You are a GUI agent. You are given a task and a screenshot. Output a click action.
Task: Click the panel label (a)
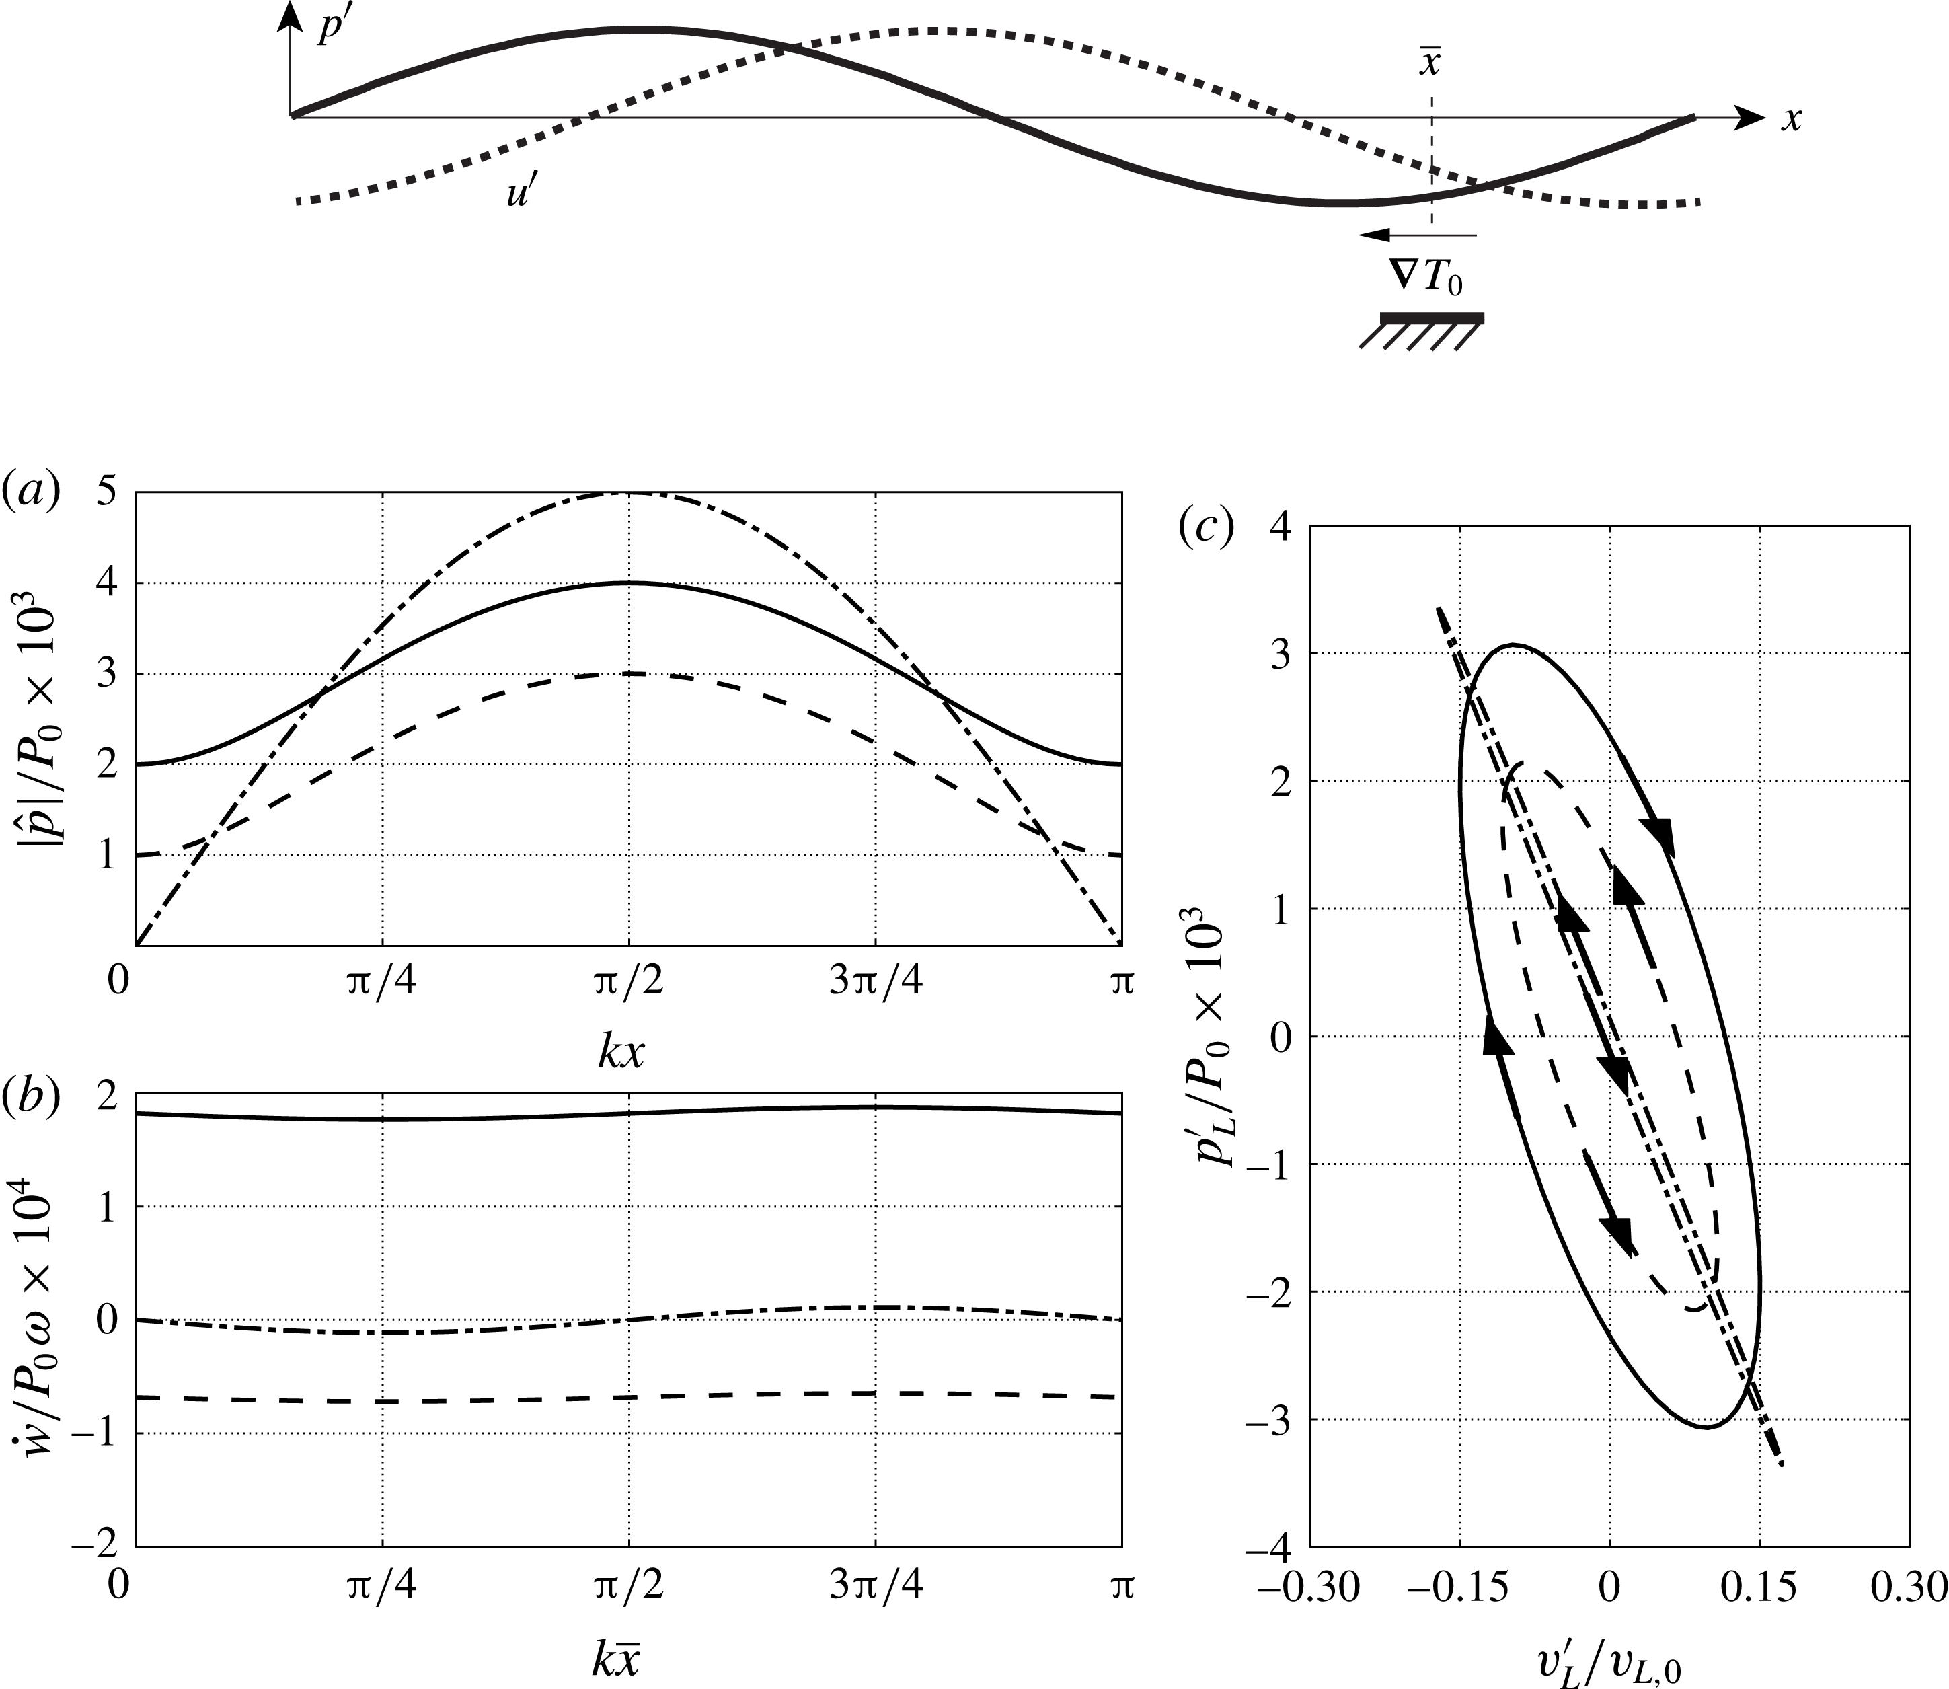31,494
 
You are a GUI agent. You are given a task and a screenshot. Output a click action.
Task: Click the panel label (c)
1205,529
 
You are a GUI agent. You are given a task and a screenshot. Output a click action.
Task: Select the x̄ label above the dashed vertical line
1430,61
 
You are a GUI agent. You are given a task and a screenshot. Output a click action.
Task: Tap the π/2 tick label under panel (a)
629,982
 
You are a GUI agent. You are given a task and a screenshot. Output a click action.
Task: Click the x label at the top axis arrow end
1791,120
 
